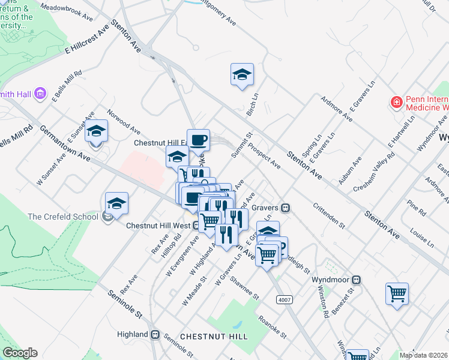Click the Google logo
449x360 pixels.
click(x=20, y=353)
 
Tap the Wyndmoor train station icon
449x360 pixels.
click(x=356, y=280)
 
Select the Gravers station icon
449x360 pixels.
click(x=286, y=208)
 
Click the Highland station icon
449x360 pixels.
click(x=155, y=334)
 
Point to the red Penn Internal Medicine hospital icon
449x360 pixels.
click(x=396, y=103)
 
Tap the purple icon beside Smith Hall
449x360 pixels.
click(x=40, y=93)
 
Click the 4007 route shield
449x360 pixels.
click(x=285, y=299)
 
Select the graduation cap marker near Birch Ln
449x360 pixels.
click(x=242, y=75)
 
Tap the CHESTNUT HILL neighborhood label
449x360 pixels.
click(x=206, y=337)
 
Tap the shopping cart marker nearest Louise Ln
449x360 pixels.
click(x=397, y=293)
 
